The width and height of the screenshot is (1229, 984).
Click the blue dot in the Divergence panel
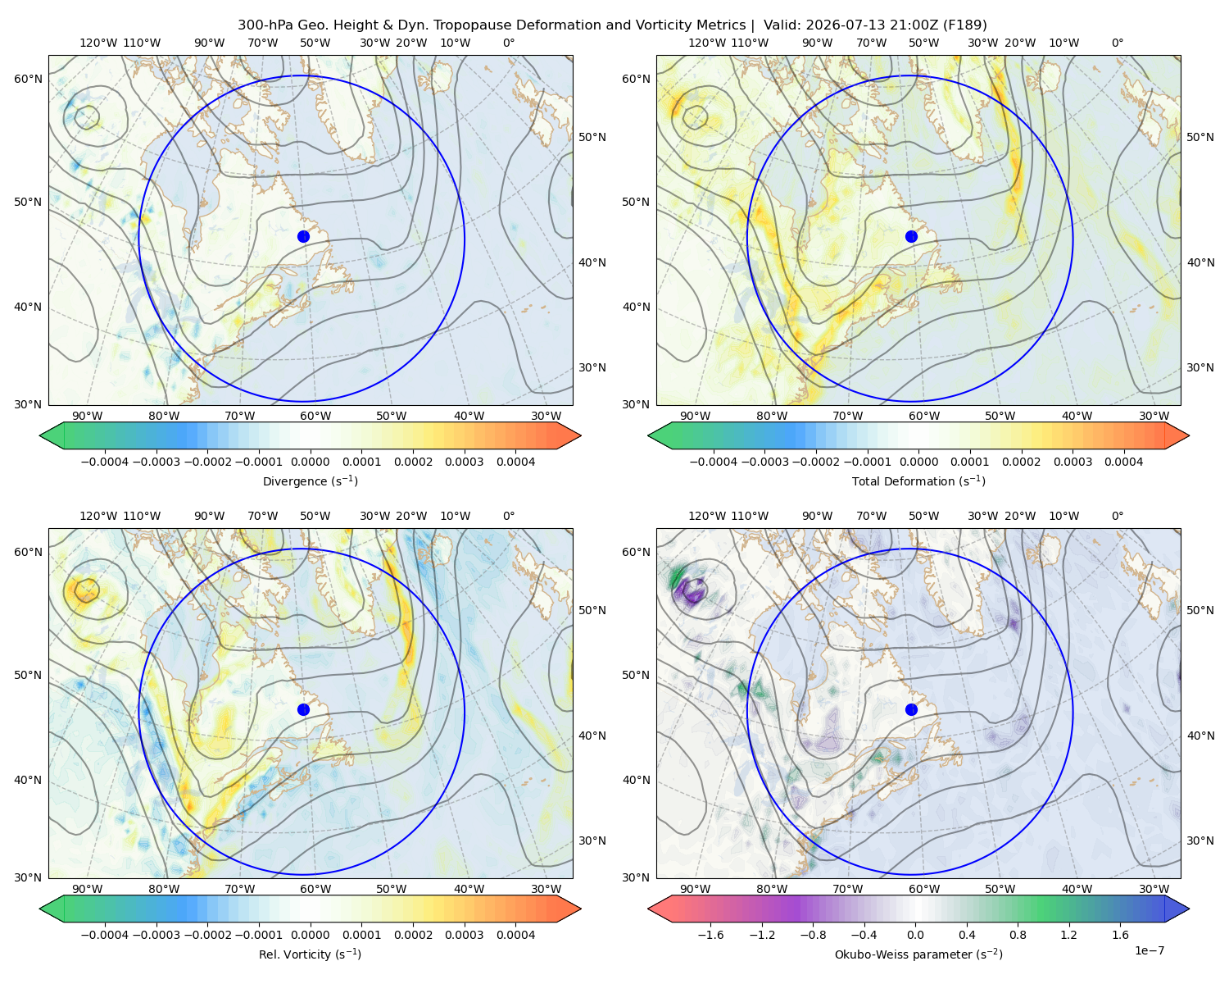pos(303,236)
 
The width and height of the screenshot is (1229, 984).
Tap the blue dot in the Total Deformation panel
pos(911,236)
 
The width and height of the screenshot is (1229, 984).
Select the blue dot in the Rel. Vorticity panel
pos(303,709)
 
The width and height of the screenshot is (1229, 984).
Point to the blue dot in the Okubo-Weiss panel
pos(911,709)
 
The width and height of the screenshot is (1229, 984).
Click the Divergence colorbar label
pos(310,481)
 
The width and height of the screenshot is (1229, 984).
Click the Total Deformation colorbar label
pos(918,481)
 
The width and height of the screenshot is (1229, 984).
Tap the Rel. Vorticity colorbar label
pos(310,954)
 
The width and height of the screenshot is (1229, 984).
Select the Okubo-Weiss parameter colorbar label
pos(918,954)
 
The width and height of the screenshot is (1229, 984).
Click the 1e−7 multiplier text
pos(1149,950)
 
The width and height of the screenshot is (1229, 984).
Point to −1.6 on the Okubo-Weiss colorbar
pos(710,934)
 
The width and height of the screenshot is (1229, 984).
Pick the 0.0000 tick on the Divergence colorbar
pos(310,462)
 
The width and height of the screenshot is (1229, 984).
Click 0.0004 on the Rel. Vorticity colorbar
pos(515,934)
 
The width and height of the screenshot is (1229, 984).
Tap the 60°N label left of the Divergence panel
pos(28,79)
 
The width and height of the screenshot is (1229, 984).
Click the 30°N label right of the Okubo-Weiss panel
pos(1200,840)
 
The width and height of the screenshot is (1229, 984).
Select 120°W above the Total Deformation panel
pos(706,43)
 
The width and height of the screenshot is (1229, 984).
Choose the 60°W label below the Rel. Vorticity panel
pos(315,889)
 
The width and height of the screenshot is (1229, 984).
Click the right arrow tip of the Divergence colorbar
pos(581,435)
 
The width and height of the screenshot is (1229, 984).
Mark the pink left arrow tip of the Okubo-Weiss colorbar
pos(648,909)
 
